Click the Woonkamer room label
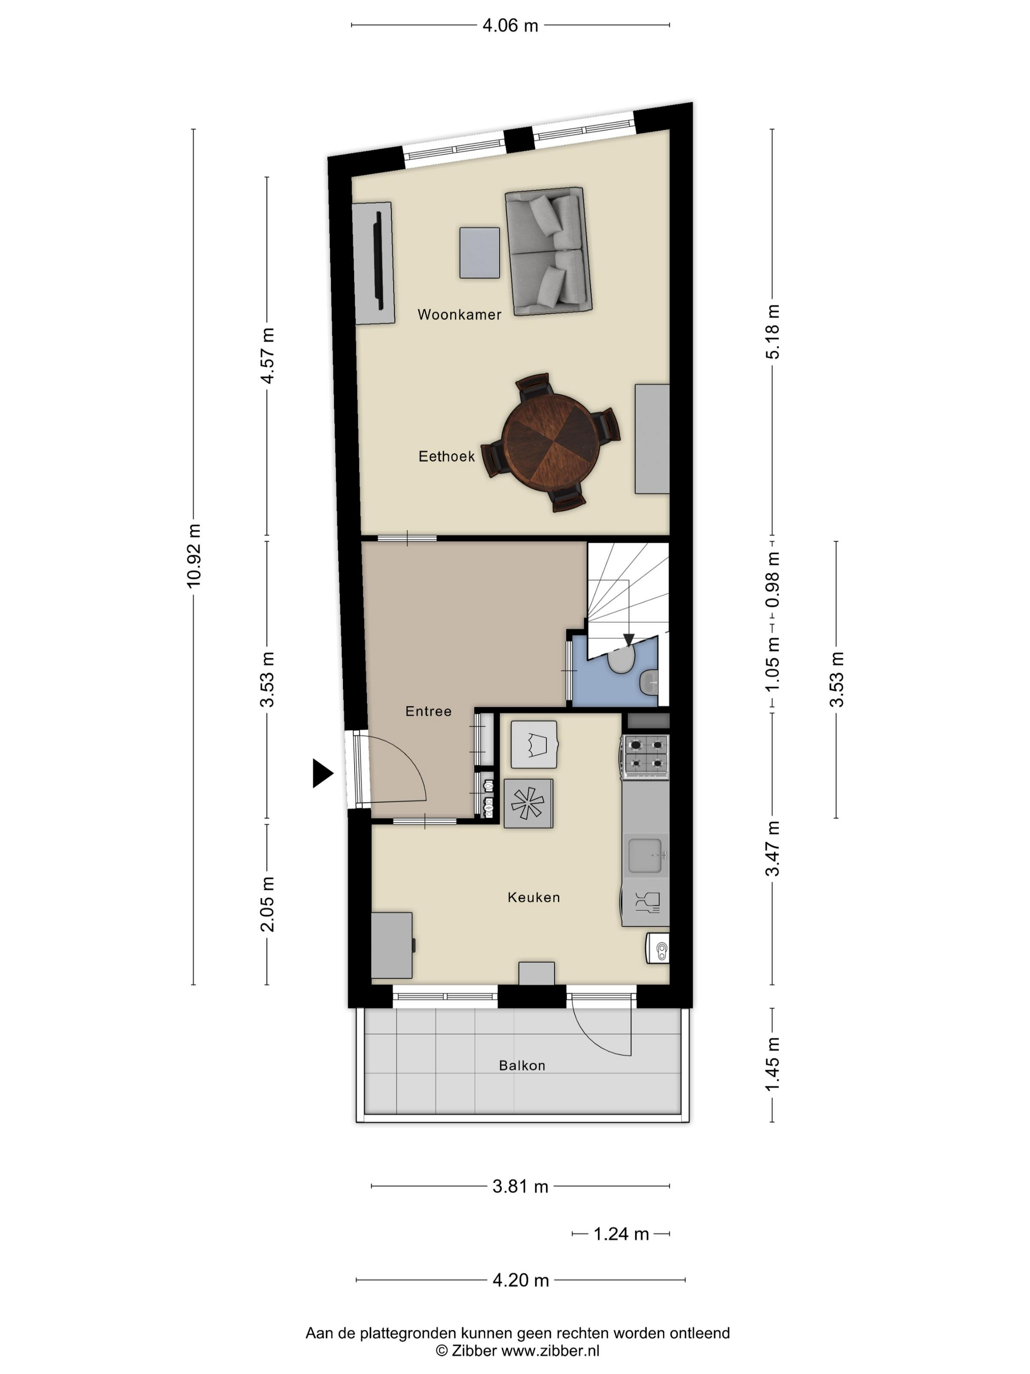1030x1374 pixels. [x=459, y=315]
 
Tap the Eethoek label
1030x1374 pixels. [x=446, y=456]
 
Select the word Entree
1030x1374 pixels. [x=428, y=711]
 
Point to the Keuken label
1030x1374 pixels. [x=533, y=897]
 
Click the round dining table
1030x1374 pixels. [x=551, y=442]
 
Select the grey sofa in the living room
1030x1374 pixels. [x=548, y=252]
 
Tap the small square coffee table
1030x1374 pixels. [x=479, y=253]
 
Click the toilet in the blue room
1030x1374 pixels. [x=620, y=660]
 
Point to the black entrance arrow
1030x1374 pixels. [x=322, y=773]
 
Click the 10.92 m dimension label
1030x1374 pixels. [x=194, y=555]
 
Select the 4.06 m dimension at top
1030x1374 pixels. [x=511, y=26]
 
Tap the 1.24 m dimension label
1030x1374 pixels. [x=621, y=1234]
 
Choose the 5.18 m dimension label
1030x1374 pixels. [x=772, y=332]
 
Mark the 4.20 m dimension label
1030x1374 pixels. [x=521, y=1280]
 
